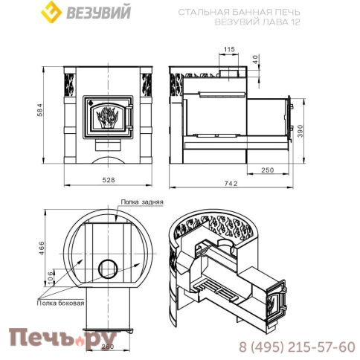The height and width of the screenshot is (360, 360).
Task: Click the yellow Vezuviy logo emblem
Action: point(51,12)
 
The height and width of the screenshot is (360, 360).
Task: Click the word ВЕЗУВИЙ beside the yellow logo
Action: point(98,13)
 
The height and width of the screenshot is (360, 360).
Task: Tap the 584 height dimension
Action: point(40,110)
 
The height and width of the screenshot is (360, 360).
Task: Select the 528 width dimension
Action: point(109,179)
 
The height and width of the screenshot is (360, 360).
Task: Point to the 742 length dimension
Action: point(231,183)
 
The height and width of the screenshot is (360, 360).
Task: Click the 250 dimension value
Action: point(268,170)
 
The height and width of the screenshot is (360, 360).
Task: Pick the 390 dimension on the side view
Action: point(300,131)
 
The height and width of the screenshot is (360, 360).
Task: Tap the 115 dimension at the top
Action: point(229,49)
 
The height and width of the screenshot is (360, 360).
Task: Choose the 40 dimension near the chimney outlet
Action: point(256,59)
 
